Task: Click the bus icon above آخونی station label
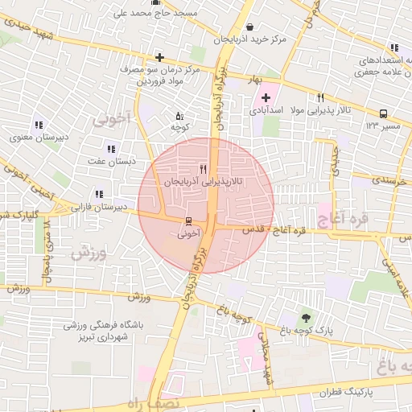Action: click(x=188, y=220)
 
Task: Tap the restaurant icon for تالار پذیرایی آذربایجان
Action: click(x=203, y=169)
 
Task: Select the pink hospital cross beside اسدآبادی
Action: click(x=266, y=97)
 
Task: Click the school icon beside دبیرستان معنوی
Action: click(x=38, y=124)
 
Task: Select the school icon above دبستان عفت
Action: click(x=111, y=148)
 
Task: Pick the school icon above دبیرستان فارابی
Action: click(x=99, y=194)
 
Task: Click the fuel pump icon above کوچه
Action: click(x=179, y=115)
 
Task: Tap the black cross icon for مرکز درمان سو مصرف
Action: click(x=160, y=57)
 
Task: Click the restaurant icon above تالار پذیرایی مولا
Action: click(x=320, y=97)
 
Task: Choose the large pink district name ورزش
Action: click(x=89, y=252)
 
